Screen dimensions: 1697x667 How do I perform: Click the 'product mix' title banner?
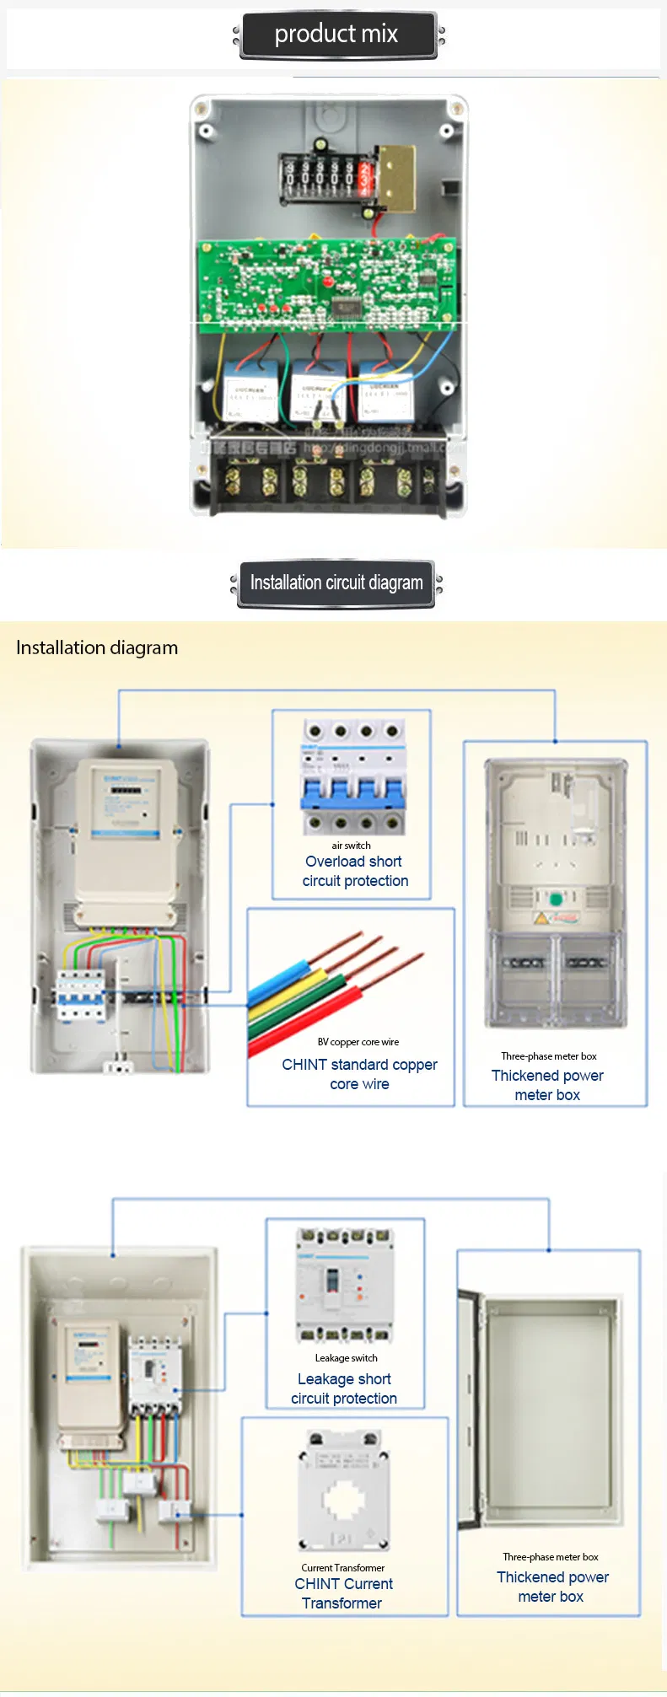pyautogui.click(x=336, y=35)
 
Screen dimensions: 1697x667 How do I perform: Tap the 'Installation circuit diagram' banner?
pyautogui.click(x=336, y=583)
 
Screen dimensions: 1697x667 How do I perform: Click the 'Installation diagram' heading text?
pyautogui.click(x=97, y=648)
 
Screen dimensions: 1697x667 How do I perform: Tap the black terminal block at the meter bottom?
pyautogui.click(x=329, y=481)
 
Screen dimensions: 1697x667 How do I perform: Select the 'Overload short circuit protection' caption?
pyautogui.click(x=355, y=872)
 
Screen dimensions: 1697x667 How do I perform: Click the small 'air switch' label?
pyautogui.click(x=351, y=846)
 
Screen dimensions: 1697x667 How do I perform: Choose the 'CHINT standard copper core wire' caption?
pyautogui.click(x=359, y=1075)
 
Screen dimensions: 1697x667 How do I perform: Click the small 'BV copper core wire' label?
pyautogui.click(x=358, y=1042)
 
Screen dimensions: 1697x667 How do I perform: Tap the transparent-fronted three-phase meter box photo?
pyautogui.click(x=556, y=894)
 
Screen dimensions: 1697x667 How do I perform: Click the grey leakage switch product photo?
pyautogui.click(x=344, y=1285)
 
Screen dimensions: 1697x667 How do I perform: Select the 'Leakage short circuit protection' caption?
pyautogui.click(x=344, y=1388)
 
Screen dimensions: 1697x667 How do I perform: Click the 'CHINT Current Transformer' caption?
pyautogui.click(x=343, y=1593)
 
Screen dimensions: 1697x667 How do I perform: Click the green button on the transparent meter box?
pyautogui.click(x=556, y=900)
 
